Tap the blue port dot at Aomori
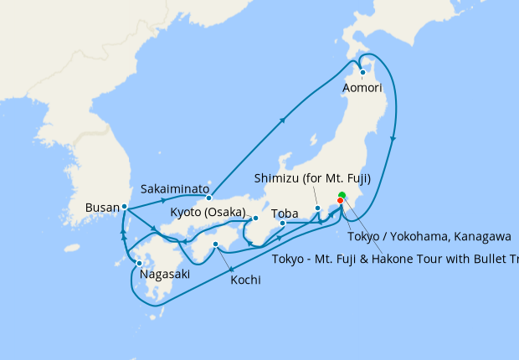[x=362, y=72]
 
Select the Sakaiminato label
[x=175, y=189]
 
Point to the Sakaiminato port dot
[x=208, y=198]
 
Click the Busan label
[x=102, y=206]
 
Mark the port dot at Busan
[x=124, y=206]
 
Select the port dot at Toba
[x=283, y=224]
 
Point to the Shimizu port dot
[x=318, y=208]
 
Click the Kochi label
[x=244, y=280]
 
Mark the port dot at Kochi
[x=216, y=244]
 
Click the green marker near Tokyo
[x=342, y=196]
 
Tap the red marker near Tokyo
[x=340, y=201]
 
